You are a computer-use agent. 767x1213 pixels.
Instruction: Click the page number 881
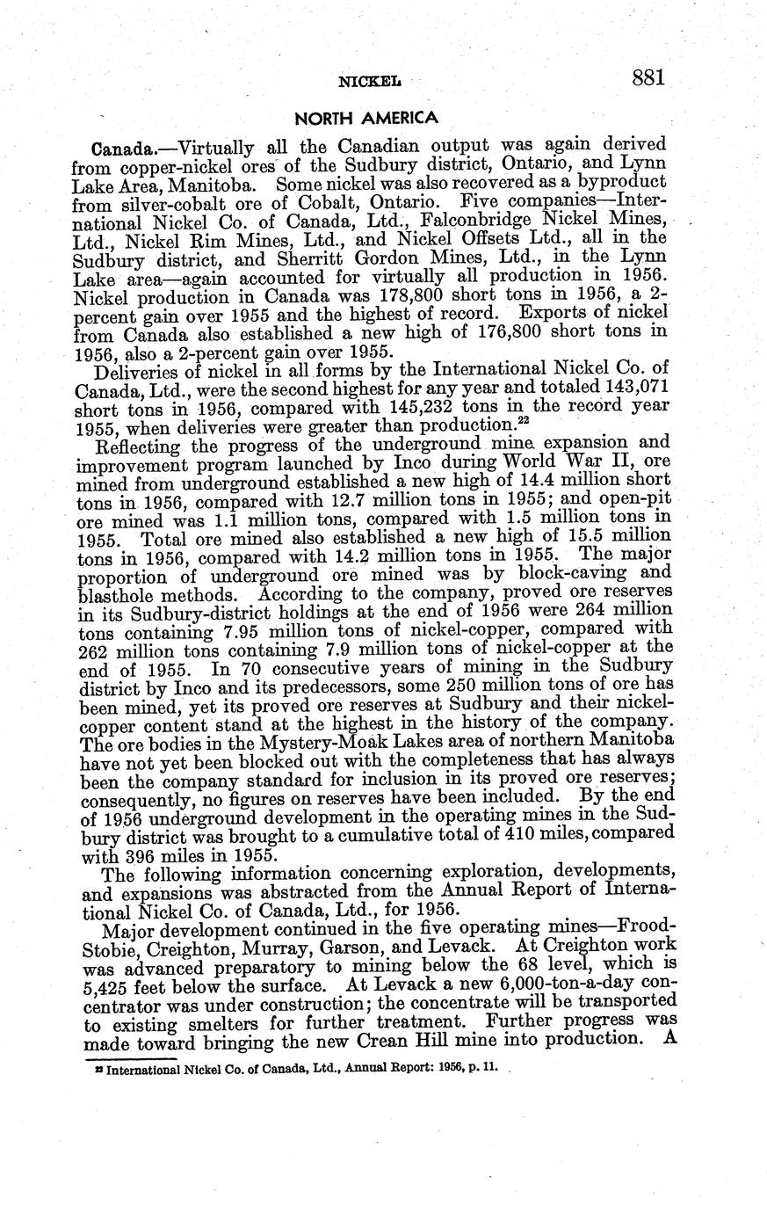click(648, 77)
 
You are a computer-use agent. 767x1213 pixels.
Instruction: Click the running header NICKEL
click(369, 82)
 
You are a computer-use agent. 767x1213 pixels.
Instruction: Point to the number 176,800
click(488, 334)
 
